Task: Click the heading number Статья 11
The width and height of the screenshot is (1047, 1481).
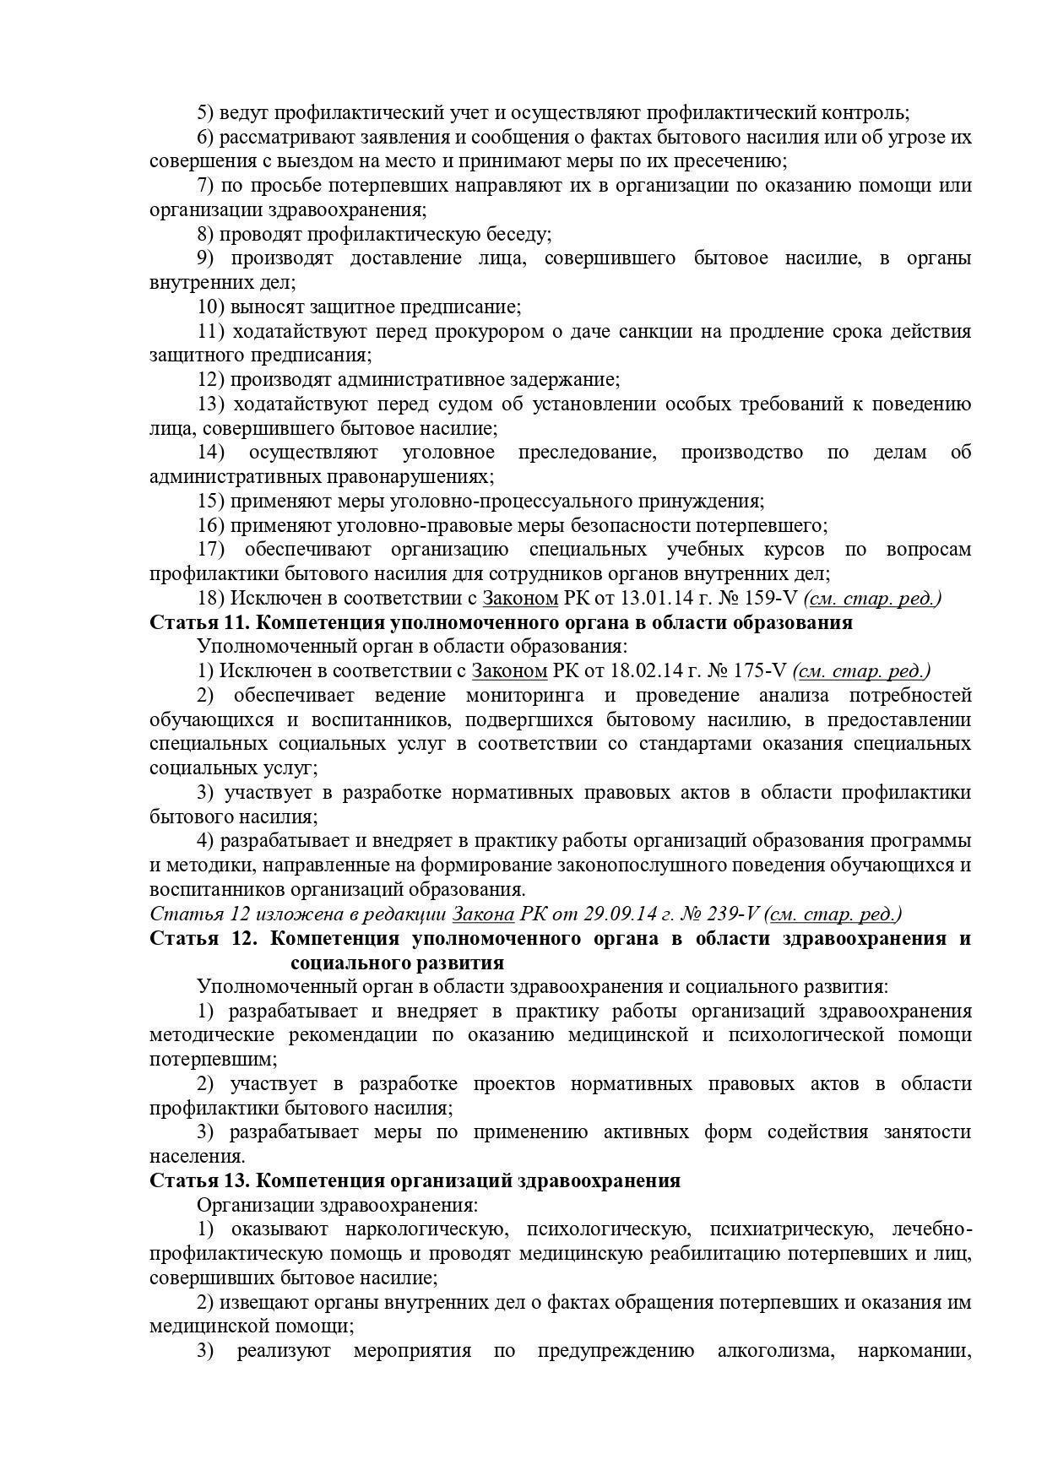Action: [x=197, y=623]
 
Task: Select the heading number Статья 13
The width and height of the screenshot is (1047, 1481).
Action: [x=197, y=1180]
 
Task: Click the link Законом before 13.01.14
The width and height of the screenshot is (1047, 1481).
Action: [x=520, y=599]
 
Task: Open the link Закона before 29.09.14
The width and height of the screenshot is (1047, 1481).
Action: [x=483, y=914]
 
